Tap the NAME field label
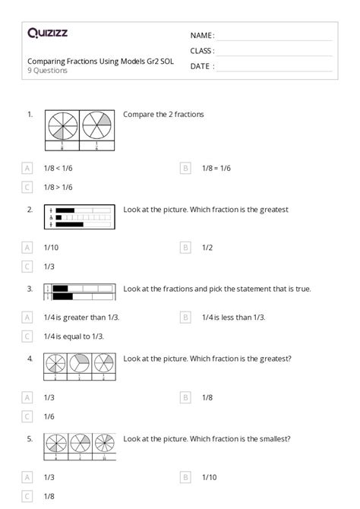click(202, 36)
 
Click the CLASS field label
click(202, 51)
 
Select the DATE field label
click(201, 66)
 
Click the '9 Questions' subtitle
click(48, 71)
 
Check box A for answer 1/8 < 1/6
click(28, 168)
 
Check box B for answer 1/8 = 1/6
click(185, 168)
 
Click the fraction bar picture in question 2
click(80, 217)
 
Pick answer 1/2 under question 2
click(207, 247)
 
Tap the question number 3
click(30, 289)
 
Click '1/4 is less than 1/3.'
click(233, 317)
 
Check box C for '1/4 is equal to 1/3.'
click(28, 336)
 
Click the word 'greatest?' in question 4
click(275, 359)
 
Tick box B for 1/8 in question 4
click(185, 397)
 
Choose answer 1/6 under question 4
click(49, 416)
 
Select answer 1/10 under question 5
click(209, 476)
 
